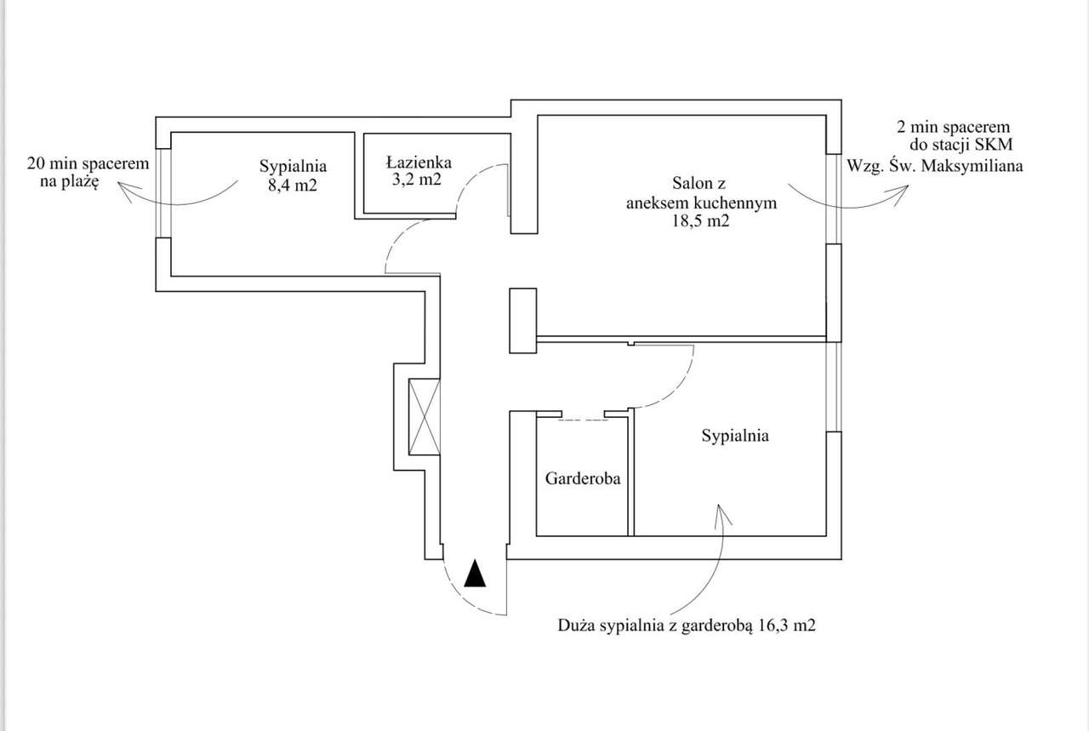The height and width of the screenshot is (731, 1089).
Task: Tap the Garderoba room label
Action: [583, 478]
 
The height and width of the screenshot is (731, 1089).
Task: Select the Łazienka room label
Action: [418, 162]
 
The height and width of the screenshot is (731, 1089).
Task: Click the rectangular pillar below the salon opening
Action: [522, 320]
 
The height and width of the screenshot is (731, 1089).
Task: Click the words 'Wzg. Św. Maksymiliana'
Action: [934, 166]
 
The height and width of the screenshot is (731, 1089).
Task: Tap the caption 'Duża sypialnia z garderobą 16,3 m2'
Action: [687, 626]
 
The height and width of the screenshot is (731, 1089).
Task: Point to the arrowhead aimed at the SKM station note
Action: [904, 191]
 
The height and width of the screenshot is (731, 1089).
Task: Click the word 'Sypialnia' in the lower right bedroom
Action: [735, 436]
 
